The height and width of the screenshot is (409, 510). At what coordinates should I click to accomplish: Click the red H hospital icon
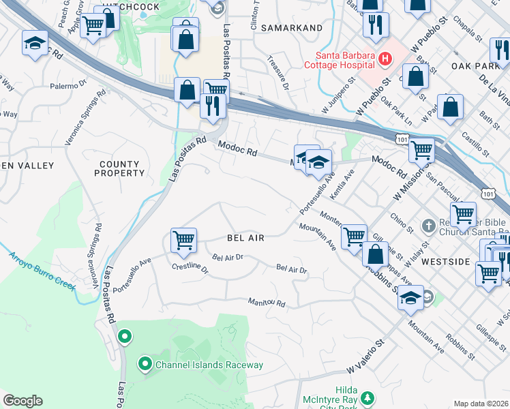pyautogui.click(x=385, y=59)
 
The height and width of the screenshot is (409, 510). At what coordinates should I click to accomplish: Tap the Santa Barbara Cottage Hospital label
pyautogui.click(x=344, y=59)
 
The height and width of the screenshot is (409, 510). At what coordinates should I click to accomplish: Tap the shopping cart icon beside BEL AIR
pyautogui.click(x=183, y=240)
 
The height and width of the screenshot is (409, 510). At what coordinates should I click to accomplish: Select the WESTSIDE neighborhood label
pyautogui.click(x=465, y=262)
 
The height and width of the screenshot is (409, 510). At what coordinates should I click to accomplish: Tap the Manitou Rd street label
pyautogui.click(x=267, y=301)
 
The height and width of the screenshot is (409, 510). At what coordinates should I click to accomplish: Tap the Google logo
pyautogui.click(x=22, y=401)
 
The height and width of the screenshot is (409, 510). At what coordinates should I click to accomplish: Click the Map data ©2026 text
pyautogui.click(x=481, y=404)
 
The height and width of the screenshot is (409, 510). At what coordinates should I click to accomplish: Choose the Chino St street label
pyautogui.click(x=397, y=222)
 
